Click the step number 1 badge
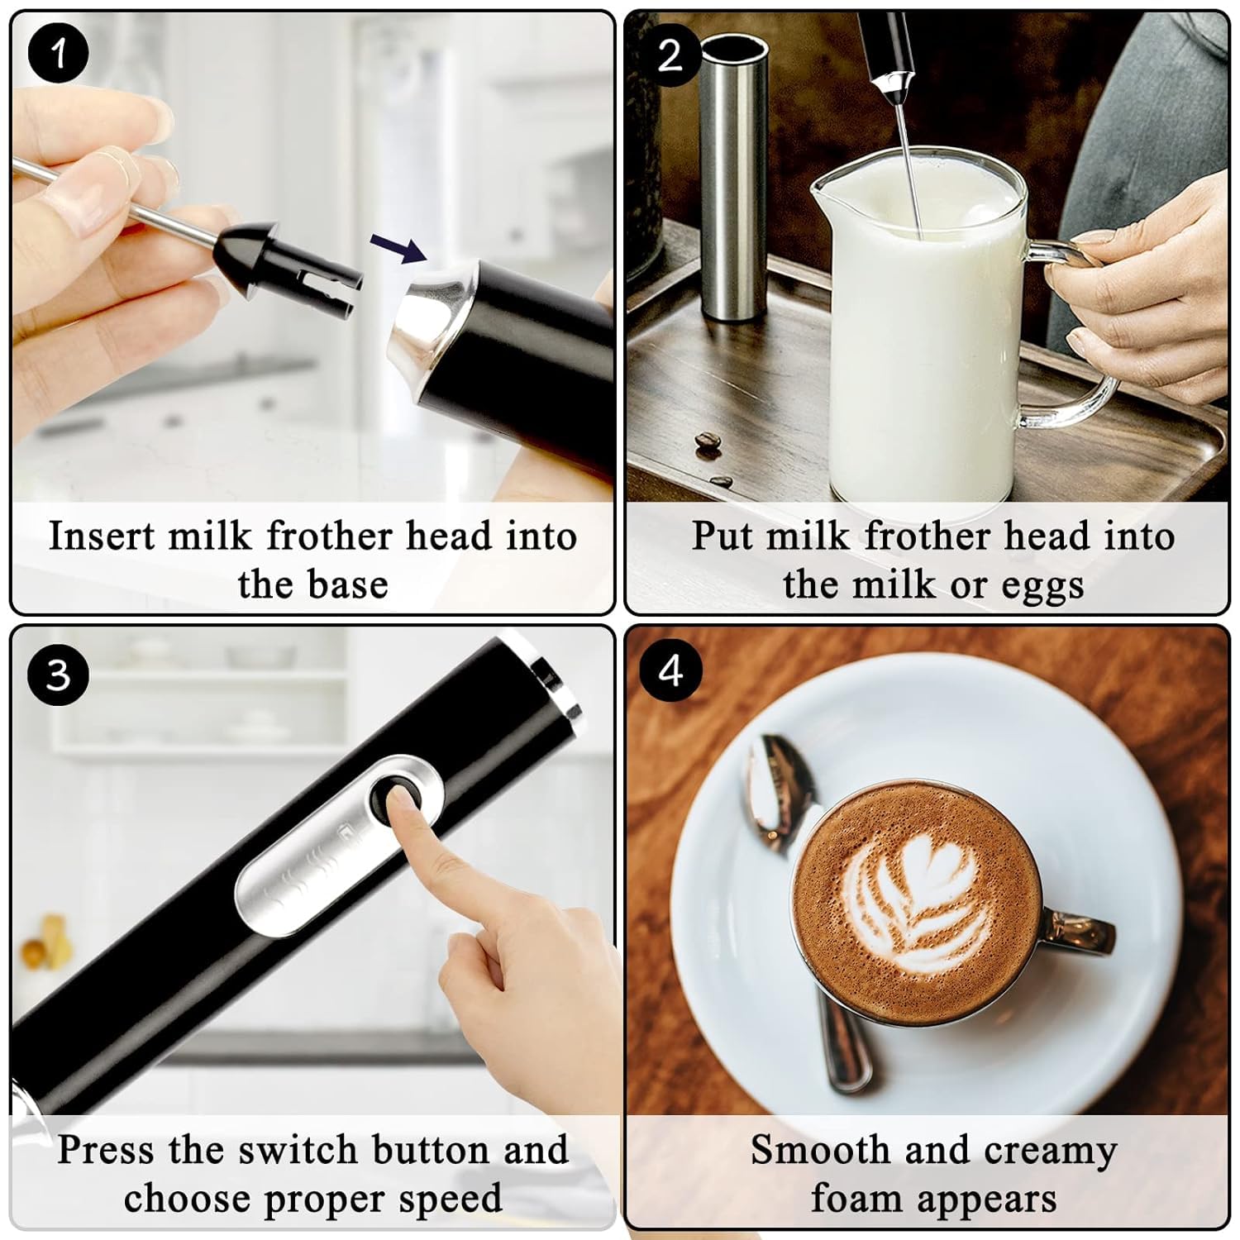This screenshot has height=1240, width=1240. pyautogui.click(x=58, y=54)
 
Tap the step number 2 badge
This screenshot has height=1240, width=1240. pyautogui.click(x=670, y=55)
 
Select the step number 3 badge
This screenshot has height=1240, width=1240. pyautogui.click(x=58, y=675)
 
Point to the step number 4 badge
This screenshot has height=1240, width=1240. pyautogui.click(x=670, y=670)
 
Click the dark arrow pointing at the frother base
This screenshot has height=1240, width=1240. pyautogui.click(x=397, y=246)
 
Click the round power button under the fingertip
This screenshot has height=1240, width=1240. pyautogui.click(x=394, y=794)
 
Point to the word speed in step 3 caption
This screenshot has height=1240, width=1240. pyautogui.click(x=455, y=1199)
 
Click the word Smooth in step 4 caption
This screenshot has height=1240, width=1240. pyautogui.click(x=818, y=1150)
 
